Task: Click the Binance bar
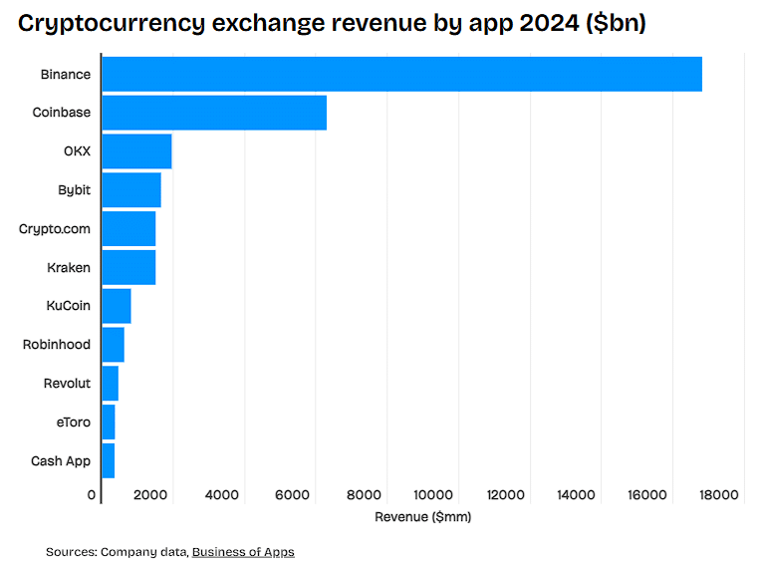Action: pos(401,75)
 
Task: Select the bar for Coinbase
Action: pos(214,113)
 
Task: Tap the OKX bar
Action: pos(136,151)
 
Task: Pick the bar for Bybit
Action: pos(131,189)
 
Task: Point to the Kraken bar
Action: pos(128,267)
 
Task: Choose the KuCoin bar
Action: pos(117,306)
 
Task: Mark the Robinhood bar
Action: pos(113,345)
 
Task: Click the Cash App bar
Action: pos(108,461)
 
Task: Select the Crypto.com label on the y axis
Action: pos(55,229)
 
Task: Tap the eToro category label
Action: pos(73,423)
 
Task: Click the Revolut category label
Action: pos(67,384)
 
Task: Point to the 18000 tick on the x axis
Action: pos(719,494)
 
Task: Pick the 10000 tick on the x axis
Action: pos(435,494)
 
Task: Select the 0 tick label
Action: pos(93,494)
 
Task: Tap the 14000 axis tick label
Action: pos(577,494)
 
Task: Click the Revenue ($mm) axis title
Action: pos(422,517)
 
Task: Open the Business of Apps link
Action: pos(243,551)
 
